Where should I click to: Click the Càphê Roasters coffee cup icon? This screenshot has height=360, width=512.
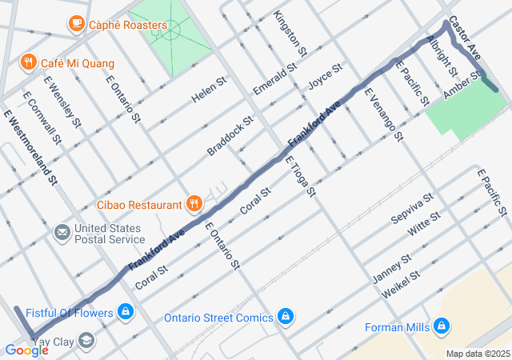tap(77, 24)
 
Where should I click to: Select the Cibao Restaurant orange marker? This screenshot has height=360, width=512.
tap(193, 205)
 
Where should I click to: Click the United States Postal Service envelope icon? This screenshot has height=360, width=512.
tap(62, 233)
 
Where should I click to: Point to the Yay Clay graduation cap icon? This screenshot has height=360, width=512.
tap(85, 342)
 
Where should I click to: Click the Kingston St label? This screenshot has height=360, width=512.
tap(290, 33)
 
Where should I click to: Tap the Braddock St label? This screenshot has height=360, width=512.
tap(230, 134)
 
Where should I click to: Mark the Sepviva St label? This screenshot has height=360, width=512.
tap(411, 207)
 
